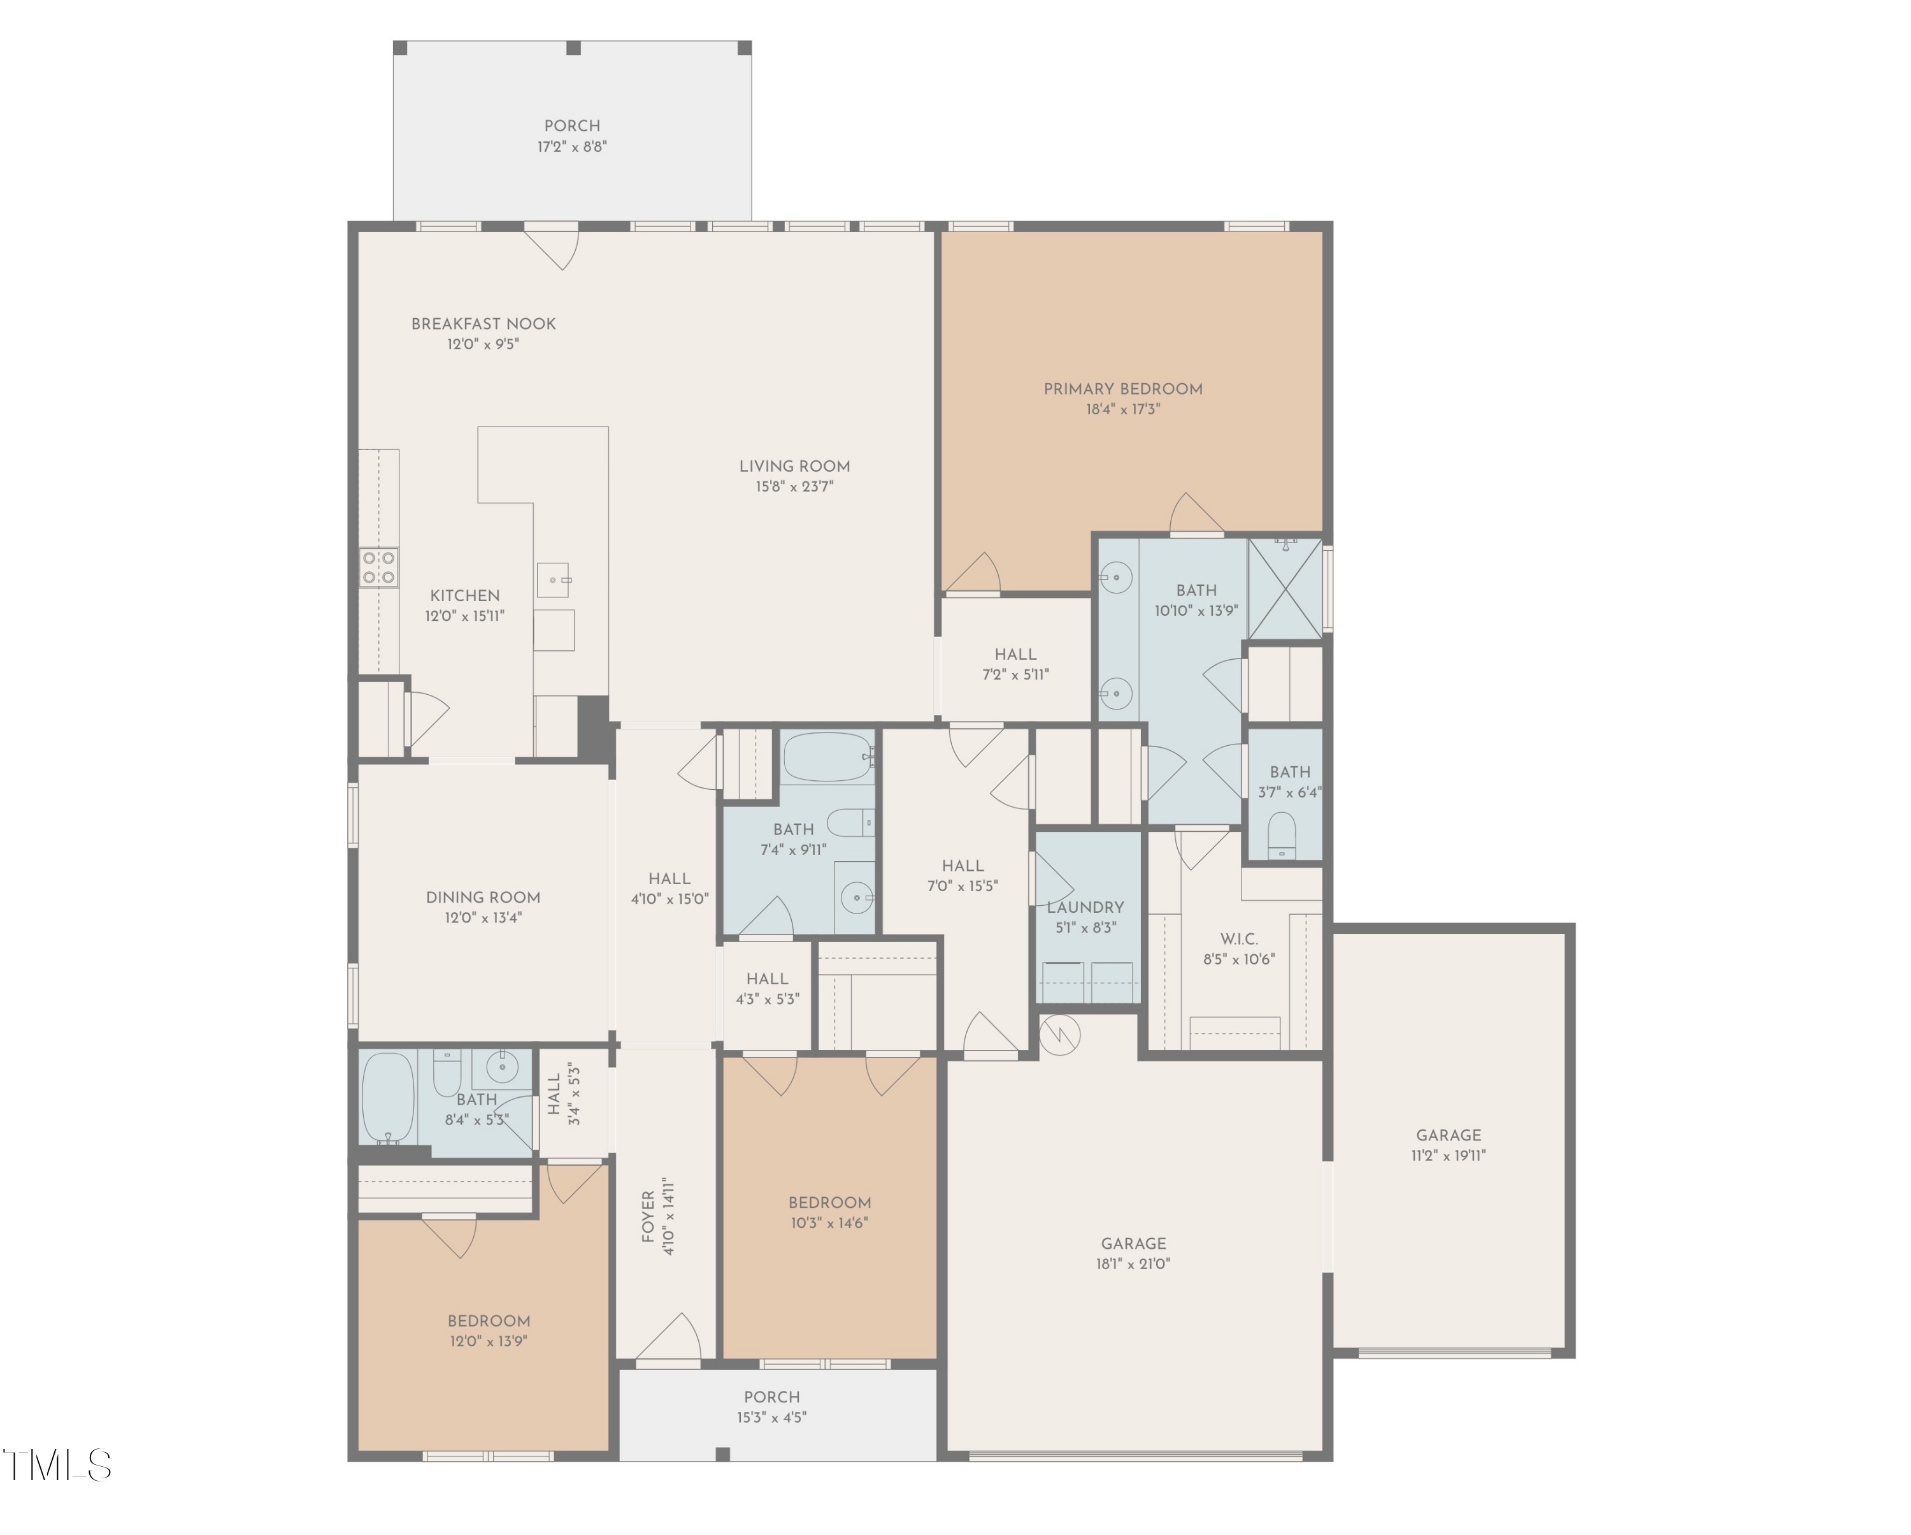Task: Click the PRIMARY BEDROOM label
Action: tap(1122, 388)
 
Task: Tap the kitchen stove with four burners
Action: tap(378, 567)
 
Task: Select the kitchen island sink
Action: tap(554, 580)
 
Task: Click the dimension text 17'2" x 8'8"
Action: tap(571, 147)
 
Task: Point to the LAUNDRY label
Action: tap(1085, 907)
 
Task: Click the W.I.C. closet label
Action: tap(1238, 938)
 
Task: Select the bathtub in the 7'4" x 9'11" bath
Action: tap(827, 757)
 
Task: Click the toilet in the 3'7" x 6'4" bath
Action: tap(1282, 834)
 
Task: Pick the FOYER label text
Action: tap(648, 1217)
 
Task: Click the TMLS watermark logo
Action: tap(57, 1465)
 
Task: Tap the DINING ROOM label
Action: tap(483, 898)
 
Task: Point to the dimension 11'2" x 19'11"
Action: tap(1449, 1156)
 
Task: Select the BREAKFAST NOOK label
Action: tap(483, 324)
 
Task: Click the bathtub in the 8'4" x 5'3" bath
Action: tap(388, 1098)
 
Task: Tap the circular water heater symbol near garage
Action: tap(1059, 1035)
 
